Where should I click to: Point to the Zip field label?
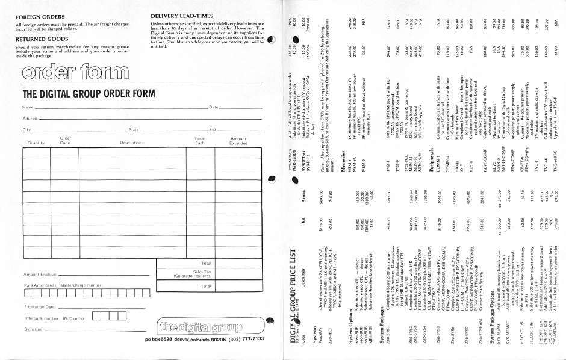pyautogui.click(x=214, y=129)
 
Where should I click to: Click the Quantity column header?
pyautogui.click(x=32, y=143)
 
